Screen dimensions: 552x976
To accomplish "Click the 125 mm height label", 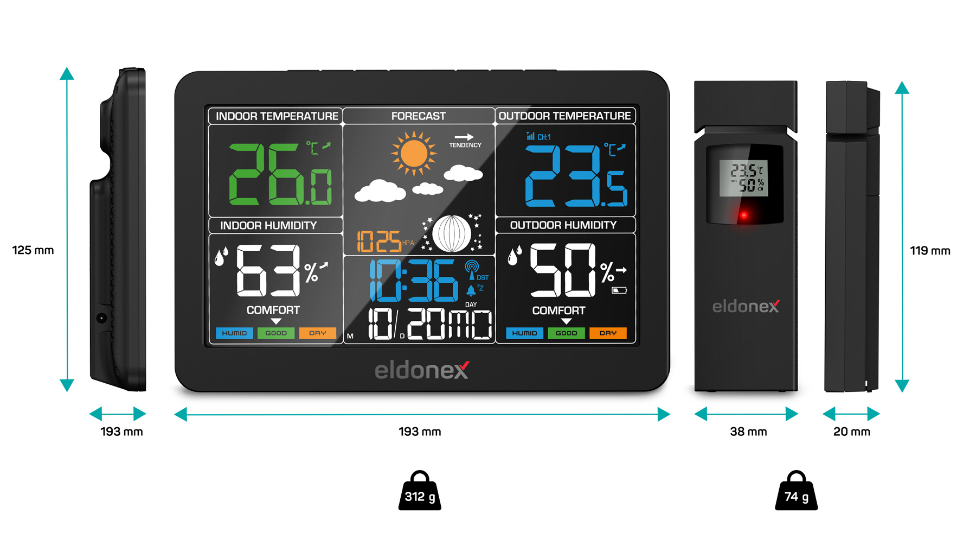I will tap(33, 250).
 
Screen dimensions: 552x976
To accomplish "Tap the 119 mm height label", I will tap(930, 251).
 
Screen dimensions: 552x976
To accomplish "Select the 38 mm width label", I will tap(748, 432).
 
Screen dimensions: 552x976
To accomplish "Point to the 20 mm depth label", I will tap(851, 432).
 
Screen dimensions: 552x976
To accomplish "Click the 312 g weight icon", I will tap(420, 492).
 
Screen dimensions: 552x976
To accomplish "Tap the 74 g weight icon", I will tap(796, 492).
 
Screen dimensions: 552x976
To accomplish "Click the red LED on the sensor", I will tap(744, 215).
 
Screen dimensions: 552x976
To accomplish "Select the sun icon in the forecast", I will tap(414, 153).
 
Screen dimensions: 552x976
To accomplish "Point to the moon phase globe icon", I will tap(452, 234).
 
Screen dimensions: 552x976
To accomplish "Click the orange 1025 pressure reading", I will tap(379, 242).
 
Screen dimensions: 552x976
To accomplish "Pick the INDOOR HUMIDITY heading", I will tap(268, 225).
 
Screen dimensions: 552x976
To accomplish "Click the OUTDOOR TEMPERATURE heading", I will tap(564, 116).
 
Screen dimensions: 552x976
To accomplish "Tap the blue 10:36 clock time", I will tap(414, 281).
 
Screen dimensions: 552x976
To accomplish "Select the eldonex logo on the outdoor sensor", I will tap(746, 307).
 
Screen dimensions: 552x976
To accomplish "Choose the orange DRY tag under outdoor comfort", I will tap(608, 333).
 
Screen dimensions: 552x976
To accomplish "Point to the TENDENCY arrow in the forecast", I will tap(464, 137).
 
